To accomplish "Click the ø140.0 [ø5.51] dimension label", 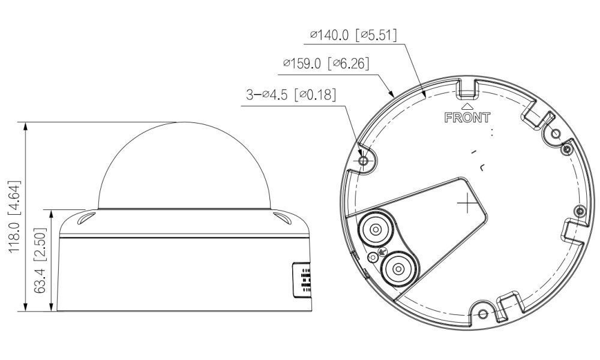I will [353, 35].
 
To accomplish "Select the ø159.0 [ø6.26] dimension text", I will [325, 63].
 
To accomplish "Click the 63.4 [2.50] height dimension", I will [41, 260].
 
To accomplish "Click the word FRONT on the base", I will [467, 117].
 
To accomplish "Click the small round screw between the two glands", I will [374, 258].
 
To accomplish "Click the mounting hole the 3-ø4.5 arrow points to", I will [362, 161].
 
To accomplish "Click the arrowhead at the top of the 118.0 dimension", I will [25, 125].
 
